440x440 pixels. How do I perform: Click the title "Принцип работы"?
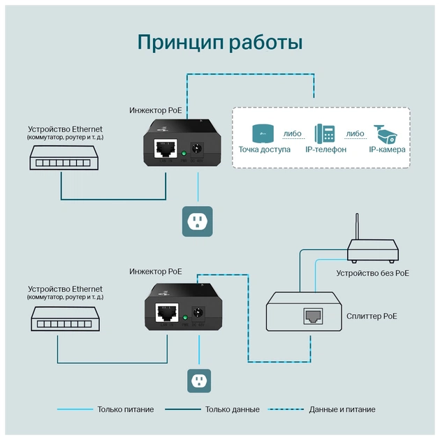pyautogui.click(x=219, y=42)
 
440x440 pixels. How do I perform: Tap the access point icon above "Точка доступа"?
pyautogui.click(x=262, y=133)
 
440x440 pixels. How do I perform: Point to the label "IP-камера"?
pyautogui.click(x=387, y=149)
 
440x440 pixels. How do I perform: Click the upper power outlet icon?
pyautogui.click(x=198, y=221)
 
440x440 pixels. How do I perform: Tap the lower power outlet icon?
pyautogui.click(x=198, y=381)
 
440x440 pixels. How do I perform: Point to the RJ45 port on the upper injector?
pyautogui.click(x=166, y=149)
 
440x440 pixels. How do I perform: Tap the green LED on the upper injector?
pyautogui.click(x=183, y=154)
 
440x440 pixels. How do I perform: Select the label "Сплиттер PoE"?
pyautogui.click(x=372, y=316)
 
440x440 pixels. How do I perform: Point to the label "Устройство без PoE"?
pyautogui.click(x=372, y=273)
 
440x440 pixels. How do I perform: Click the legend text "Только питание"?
pyautogui.click(x=126, y=409)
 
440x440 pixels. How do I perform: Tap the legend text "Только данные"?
pyautogui.click(x=233, y=409)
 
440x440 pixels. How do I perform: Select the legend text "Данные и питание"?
pyautogui.click(x=342, y=409)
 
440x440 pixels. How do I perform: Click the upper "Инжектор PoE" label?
pyautogui.click(x=156, y=110)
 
